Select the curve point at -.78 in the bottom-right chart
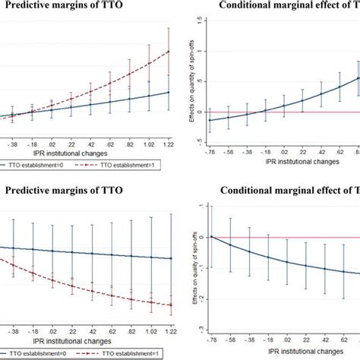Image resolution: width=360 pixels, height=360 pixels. pyautogui.click(x=210, y=236)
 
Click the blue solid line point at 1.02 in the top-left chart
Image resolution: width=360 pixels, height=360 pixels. pyautogui.click(x=150, y=96)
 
